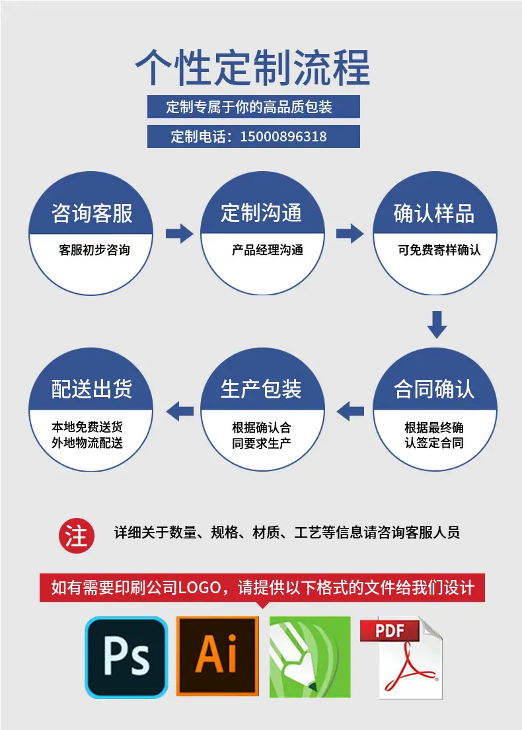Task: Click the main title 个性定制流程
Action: point(253,68)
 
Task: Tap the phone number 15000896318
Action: point(283,136)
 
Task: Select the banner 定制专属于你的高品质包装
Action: point(253,106)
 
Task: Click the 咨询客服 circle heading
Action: point(92,213)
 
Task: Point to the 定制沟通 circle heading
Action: point(262,213)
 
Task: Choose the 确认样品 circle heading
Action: point(434,213)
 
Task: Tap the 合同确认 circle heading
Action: point(434,389)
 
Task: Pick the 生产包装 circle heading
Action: point(262,389)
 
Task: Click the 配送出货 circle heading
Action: point(92,389)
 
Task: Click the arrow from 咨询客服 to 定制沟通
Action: point(179,233)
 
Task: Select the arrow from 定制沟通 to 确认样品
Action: point(350,233)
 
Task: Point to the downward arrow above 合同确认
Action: point(437,325)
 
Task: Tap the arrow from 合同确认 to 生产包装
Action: point(350,411)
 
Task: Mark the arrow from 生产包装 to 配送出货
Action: point(179,411)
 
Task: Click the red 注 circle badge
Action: point(77,535)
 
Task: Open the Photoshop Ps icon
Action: point(126,657)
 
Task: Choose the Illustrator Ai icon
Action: point(217,657)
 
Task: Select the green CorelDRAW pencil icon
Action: point(310,657)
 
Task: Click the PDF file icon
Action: point(401,658)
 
